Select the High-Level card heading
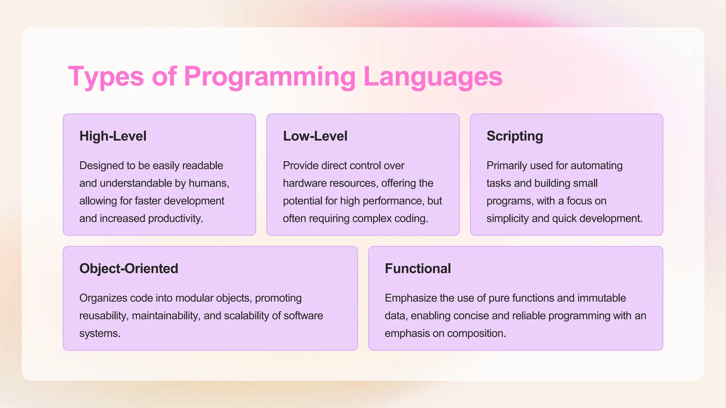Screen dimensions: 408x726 113,136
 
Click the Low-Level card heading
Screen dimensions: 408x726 315,136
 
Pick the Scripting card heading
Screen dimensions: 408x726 514,136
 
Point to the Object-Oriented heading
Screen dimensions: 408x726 129,268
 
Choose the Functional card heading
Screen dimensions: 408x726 418,268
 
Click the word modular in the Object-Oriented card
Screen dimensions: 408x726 194,298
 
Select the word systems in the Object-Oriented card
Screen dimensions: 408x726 100,333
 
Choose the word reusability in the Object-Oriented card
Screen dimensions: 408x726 104,316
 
